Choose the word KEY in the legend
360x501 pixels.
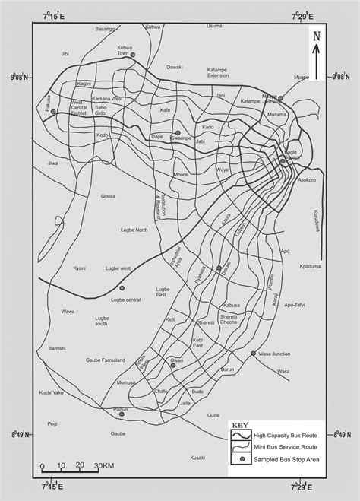(x=240, y=424)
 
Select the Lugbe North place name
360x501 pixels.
(x=134, y=229)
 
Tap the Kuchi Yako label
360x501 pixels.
(x=46, y=392)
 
